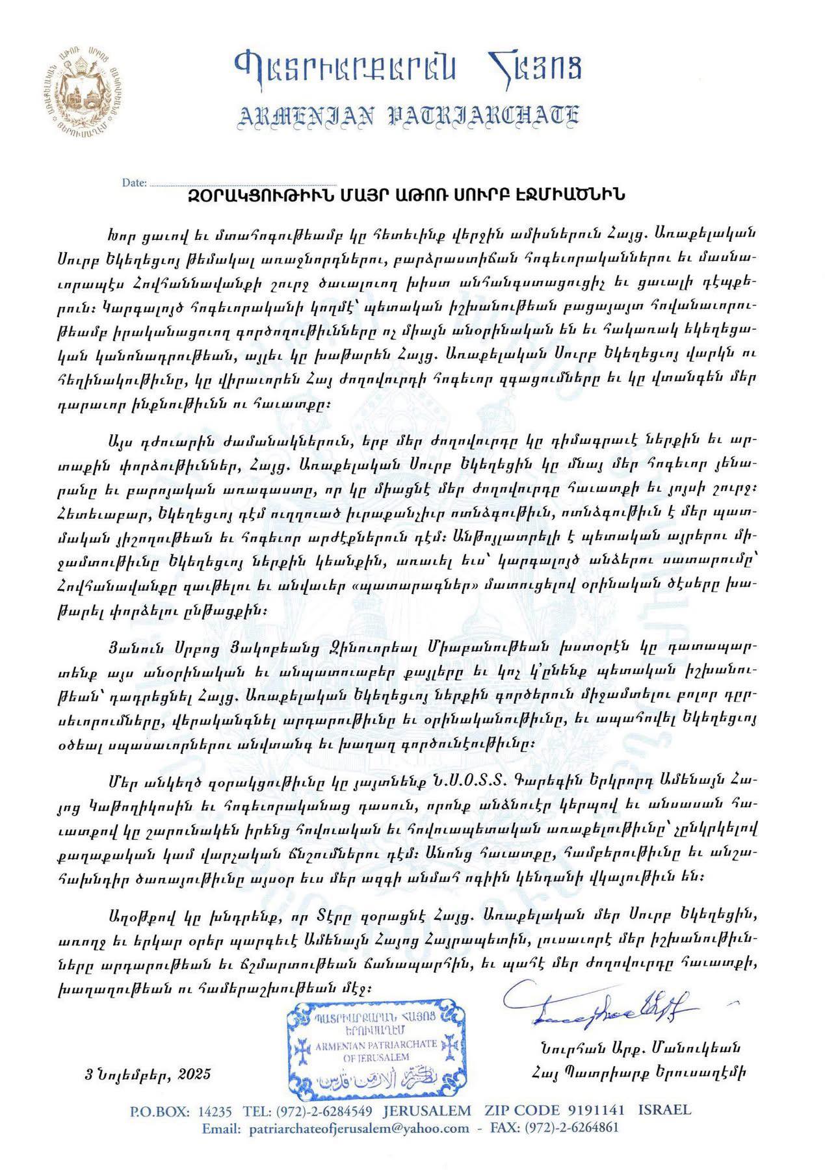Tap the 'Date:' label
(x=134, y=183)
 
